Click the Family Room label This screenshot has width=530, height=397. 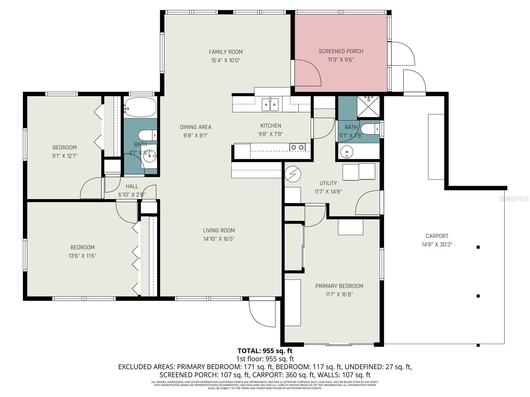tap(226, 52)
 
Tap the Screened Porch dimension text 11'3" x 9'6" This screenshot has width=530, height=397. tap(341, 60)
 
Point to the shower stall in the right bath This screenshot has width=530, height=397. tap(368, 107)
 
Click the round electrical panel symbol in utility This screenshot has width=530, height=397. tap(292, 174)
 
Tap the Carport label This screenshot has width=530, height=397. tap(437, 236)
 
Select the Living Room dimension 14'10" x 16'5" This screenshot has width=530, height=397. tap(219, 239)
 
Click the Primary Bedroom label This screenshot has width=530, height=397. tap(339, 286)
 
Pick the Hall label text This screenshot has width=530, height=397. tap(132, 186)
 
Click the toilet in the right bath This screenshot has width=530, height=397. tap(369, 129)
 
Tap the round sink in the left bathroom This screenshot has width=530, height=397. tap(150, 157)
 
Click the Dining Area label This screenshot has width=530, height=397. tap(195, 127)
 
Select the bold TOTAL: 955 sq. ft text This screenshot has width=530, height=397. tap(265, 351)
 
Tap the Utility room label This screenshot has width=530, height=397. tap(328, 183)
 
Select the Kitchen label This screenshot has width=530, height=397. tap(271, 125)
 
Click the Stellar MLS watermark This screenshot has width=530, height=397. tap(513, 198)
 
